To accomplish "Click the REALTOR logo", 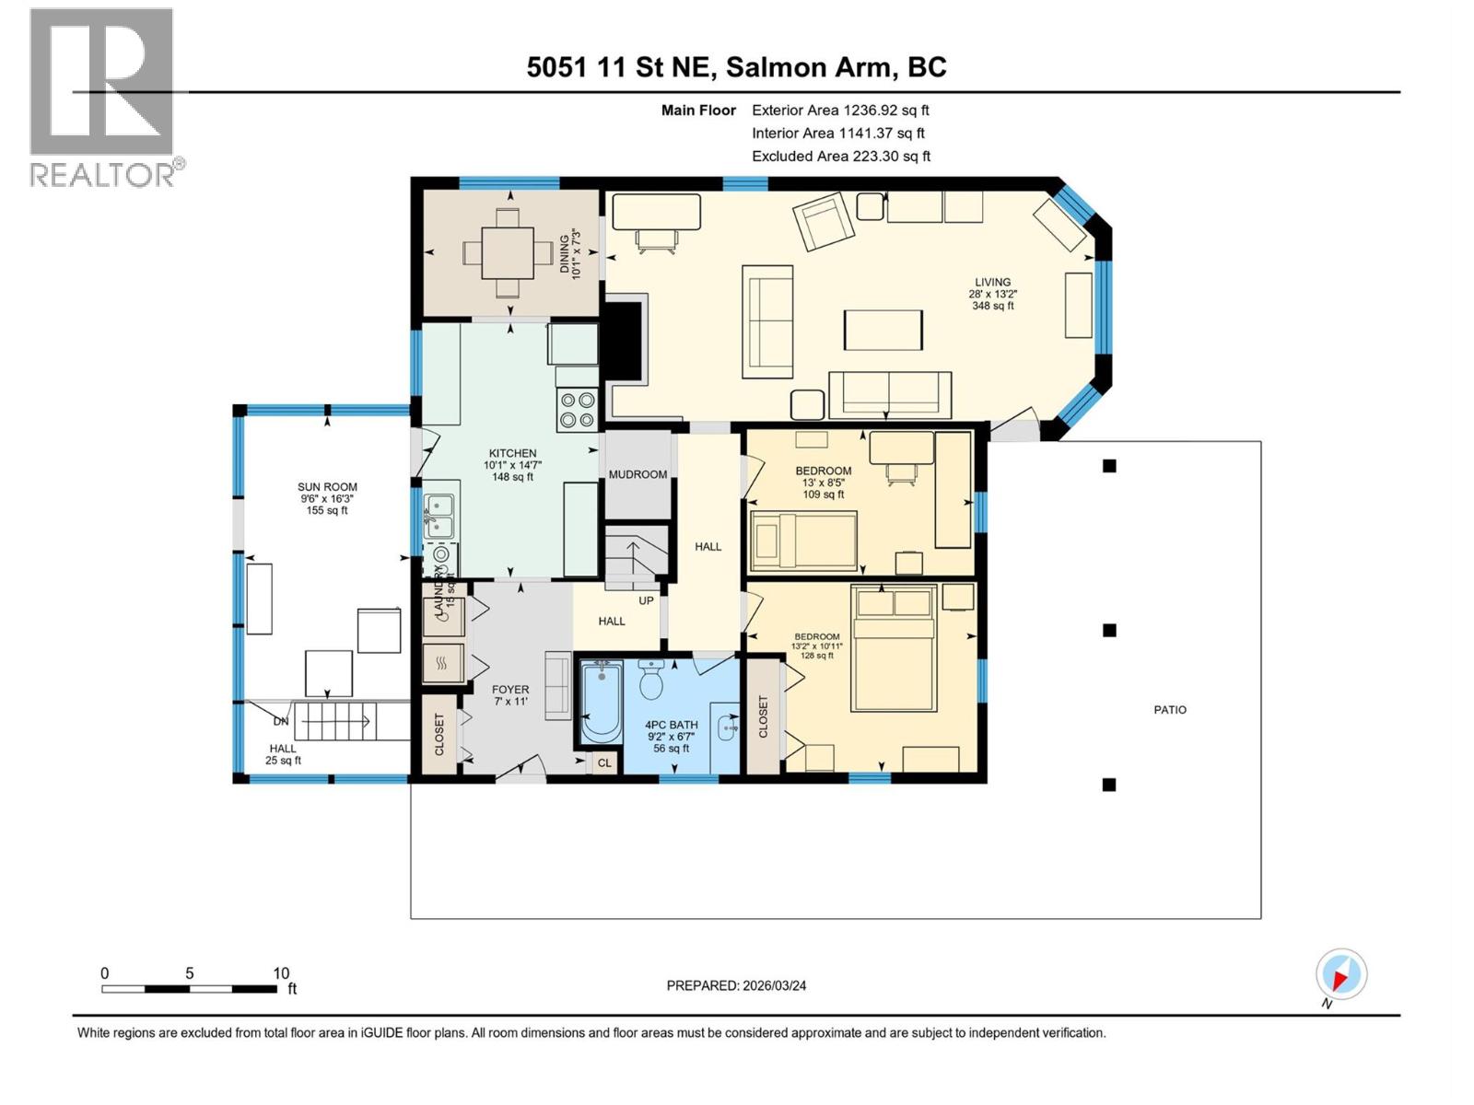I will coord(102,97).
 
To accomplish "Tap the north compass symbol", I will coord(1341,974).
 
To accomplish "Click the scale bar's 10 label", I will coord(281,972).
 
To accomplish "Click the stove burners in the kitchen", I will coord(577,410).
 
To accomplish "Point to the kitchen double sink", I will coord(439,516).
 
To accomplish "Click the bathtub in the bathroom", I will coord(602,702).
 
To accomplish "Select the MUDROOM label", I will coord(638,474).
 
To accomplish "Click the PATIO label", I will coord(1170,710).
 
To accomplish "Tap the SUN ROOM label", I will coord(327,487).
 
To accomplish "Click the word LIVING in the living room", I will coord(993,283).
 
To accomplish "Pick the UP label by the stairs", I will coord(646,600).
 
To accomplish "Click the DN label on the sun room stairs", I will coord(281,721).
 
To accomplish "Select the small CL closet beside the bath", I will coord(604,763).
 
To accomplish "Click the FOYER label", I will coord(510,689).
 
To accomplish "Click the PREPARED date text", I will coord(736,985).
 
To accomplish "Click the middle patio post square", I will coord(1110,631).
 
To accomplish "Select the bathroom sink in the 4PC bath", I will coord(728,727).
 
